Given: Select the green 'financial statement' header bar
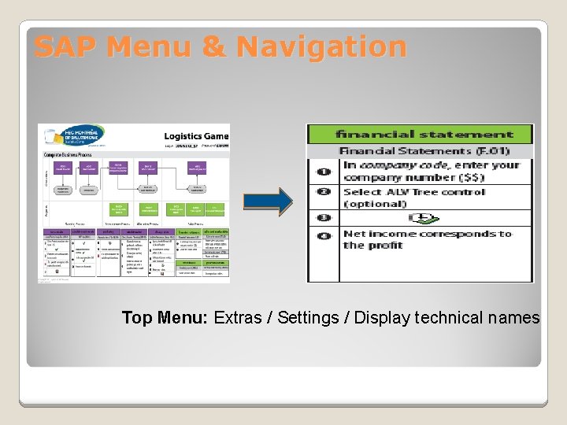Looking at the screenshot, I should (421, 135).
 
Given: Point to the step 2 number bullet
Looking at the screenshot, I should (324, 192).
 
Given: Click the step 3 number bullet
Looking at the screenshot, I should (324, 218).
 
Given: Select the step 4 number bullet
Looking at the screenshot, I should (324, 236).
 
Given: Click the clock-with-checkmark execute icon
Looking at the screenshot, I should (424, 219).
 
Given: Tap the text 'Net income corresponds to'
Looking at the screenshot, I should (427, 234).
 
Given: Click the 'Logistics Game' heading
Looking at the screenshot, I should (196, 136).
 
